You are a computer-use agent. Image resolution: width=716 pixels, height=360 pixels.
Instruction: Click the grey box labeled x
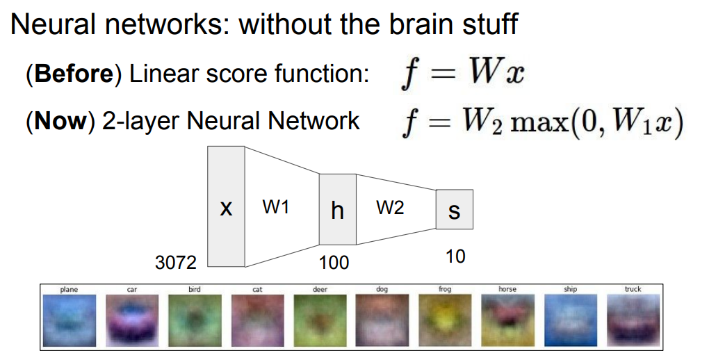[x=226, y=207]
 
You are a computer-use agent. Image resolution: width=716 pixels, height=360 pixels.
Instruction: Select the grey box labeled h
[x=337, y=209]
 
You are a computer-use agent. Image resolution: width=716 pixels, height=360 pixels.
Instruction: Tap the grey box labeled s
[x=454, y=209]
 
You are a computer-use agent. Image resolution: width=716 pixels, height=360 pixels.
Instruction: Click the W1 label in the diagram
[x=276, y=206]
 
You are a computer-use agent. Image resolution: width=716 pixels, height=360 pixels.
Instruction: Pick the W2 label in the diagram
[x=390, y=206]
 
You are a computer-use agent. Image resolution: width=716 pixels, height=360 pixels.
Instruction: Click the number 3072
[x=175, y=263]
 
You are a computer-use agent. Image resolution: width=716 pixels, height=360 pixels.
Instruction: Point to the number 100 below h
[x=334, y=263]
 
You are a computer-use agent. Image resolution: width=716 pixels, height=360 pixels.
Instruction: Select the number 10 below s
[x=455, y=256]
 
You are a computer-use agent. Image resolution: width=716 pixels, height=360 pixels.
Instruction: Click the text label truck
[x=633, y=289]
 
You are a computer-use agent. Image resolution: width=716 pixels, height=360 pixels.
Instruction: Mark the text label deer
[x=320, y=289]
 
